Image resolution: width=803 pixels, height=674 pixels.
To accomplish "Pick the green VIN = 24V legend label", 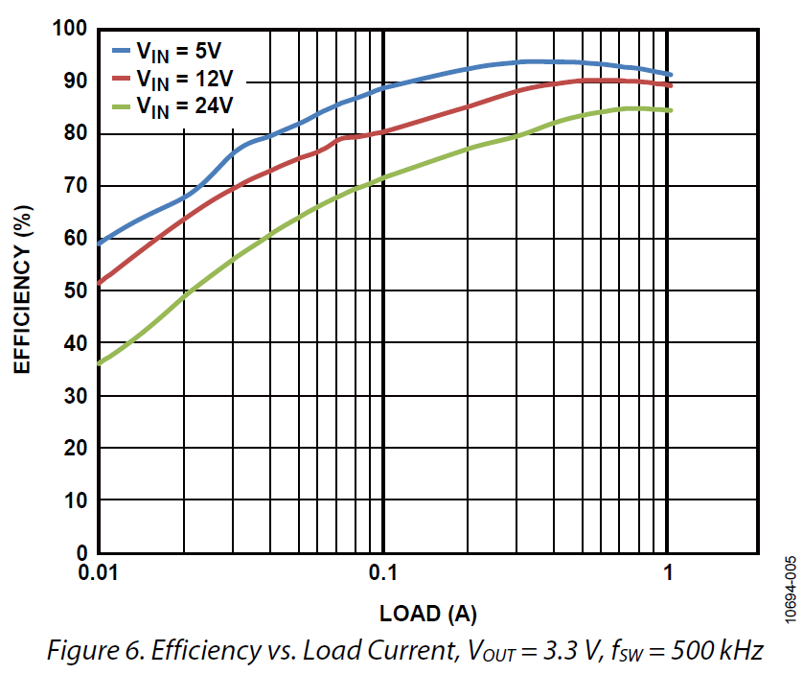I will click(188, 106).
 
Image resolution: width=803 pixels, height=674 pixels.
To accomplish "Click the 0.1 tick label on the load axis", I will click(382, 574).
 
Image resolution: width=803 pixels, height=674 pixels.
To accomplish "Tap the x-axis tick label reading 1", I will click(668, 574).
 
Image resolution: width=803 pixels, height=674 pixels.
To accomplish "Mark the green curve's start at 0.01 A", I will click(99, 363).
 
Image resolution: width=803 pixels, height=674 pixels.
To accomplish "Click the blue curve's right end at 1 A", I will click(669, 75).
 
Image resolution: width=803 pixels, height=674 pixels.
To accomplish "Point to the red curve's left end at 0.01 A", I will click(99, 282).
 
